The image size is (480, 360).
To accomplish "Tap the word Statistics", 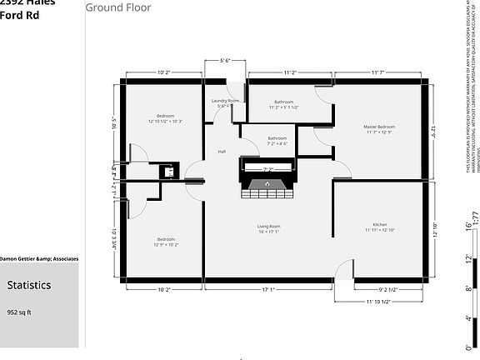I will [29, 285].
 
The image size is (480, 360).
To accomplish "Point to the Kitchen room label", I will [379, 225].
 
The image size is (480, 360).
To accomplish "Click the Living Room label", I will [268, 226].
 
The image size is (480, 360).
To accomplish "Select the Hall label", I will [222, 152].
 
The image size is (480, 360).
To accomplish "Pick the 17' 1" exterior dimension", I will [268, 290].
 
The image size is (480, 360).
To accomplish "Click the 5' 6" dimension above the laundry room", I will [225, 61].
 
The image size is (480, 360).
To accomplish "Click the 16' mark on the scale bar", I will [467, 226].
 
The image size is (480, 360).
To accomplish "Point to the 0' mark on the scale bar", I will [467, 345].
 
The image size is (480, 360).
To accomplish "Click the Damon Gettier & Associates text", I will [39, 259].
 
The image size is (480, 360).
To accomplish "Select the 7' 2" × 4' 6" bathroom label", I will [277, 141].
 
